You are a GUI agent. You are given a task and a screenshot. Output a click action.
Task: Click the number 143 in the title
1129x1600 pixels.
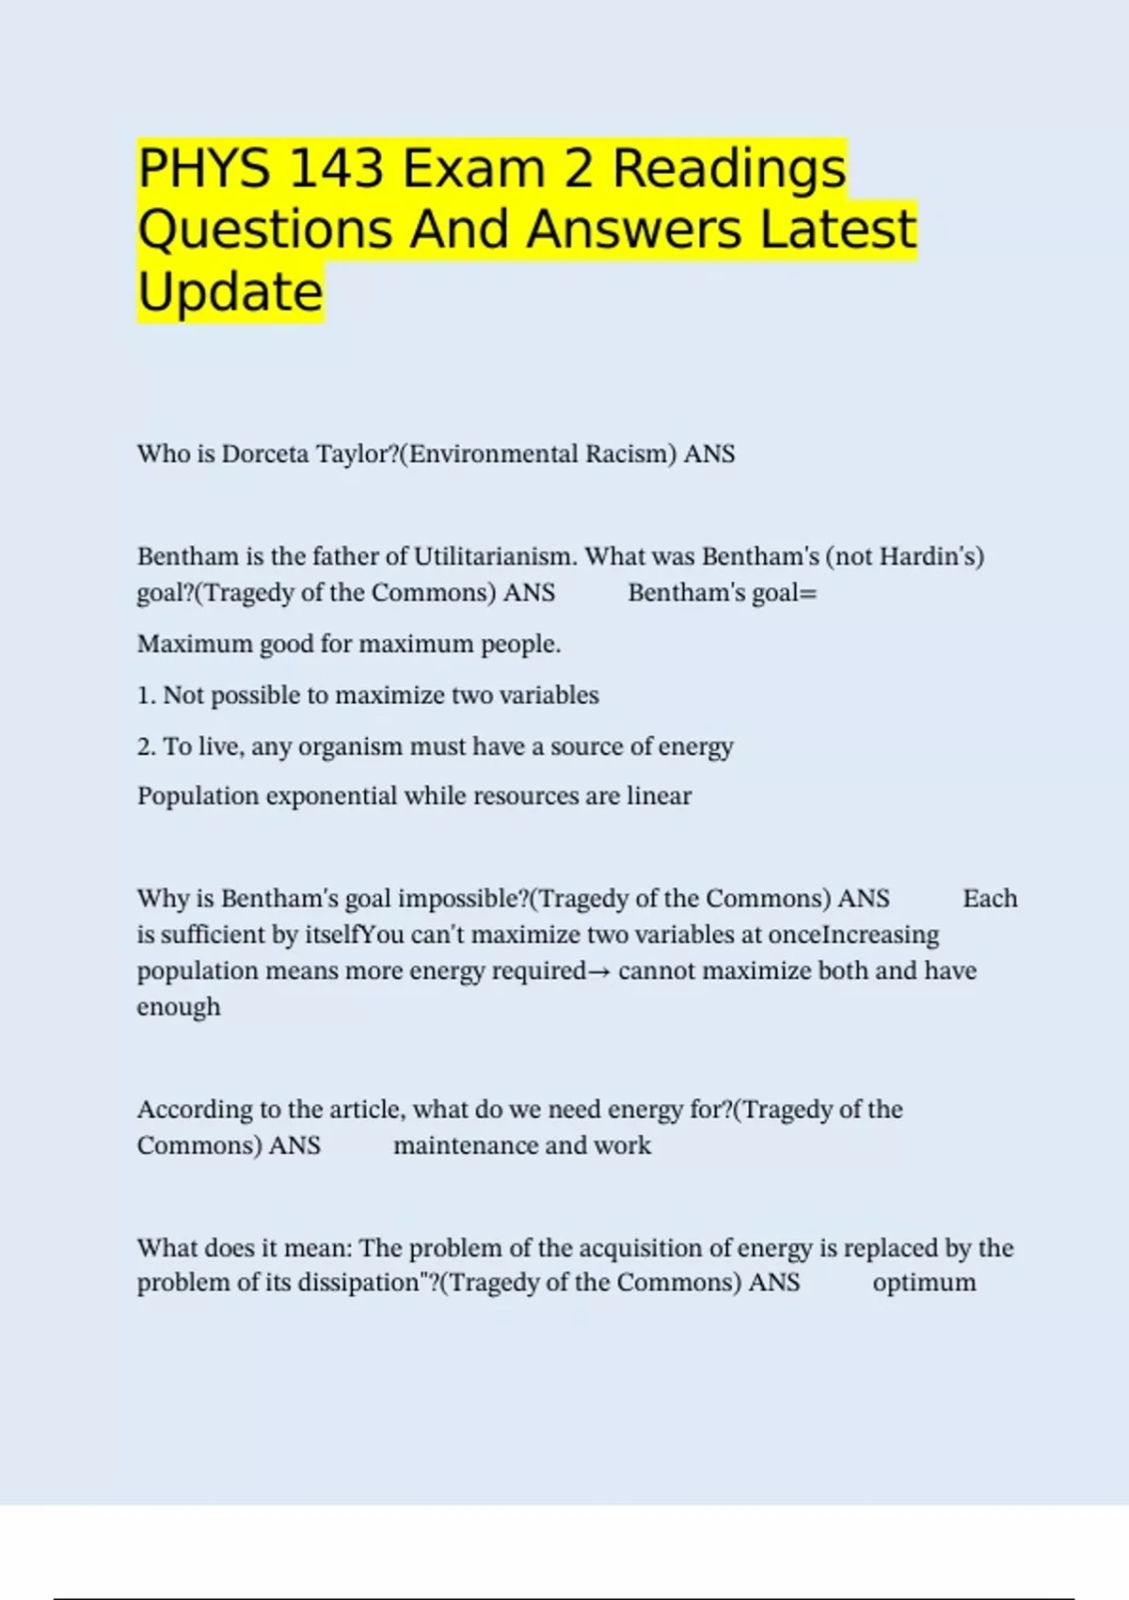pos(337,169)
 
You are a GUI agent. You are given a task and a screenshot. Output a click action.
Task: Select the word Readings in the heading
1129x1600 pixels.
pos(729,169)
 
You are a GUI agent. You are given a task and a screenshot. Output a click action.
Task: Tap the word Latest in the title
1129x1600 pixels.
pos(837,231)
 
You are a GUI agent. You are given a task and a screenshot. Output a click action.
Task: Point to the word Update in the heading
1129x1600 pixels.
pos(231,292)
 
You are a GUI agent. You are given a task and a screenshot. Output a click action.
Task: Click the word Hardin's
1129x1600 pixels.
pos(931,557)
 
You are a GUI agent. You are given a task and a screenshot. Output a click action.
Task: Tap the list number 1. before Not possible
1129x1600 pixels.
pos(146,696)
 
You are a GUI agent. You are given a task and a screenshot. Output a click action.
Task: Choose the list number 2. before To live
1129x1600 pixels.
pos(146,747)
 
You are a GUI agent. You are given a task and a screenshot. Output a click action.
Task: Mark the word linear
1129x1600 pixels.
pos(659,797)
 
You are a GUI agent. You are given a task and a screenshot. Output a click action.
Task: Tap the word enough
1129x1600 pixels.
pos(179,1007)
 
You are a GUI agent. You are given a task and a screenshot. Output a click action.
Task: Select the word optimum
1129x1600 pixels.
pos(924,1283)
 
